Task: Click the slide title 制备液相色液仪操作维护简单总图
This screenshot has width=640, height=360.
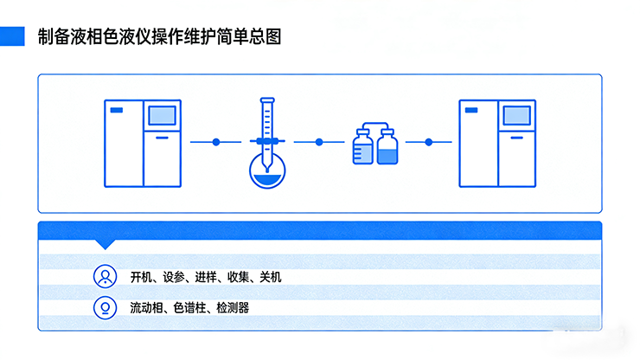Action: (159, 37)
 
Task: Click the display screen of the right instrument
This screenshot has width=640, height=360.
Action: (516, 116)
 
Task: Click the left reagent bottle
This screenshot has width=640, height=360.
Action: (363, 147)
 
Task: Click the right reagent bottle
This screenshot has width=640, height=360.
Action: (387, 147)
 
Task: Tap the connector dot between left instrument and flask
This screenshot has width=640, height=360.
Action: (217, 141)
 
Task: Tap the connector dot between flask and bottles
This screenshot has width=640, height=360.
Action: (319, 141)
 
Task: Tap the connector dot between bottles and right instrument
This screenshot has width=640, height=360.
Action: (429, 141)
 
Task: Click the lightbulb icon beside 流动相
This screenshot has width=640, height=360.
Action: (106, 307)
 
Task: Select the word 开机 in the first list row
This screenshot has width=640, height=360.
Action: (140, 278)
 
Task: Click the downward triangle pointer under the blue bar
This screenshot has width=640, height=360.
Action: (106, 244)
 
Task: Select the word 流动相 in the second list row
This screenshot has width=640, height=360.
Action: (145, 307)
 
